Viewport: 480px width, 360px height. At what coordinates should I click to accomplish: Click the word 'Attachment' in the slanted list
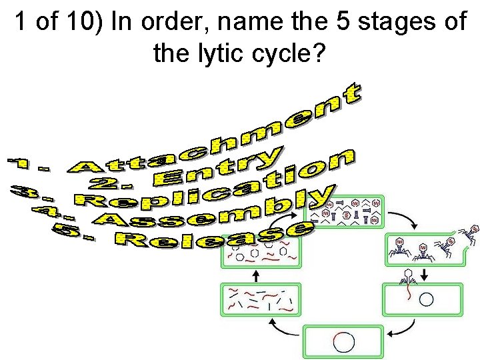click(x=220, y=137)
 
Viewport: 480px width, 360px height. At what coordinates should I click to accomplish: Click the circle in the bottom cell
click(x=344, y=342)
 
